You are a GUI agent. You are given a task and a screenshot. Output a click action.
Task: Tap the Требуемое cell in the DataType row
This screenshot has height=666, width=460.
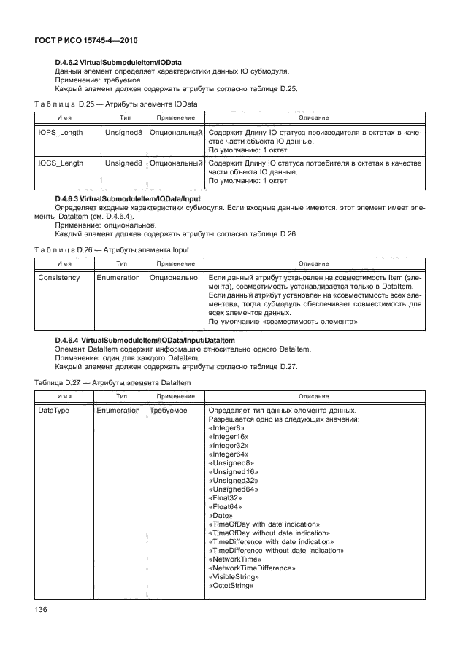(169, 411)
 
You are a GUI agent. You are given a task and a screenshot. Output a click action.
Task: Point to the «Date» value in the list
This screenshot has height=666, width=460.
(221, 515)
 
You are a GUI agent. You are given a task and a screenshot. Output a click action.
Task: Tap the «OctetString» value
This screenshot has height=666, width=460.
(231, 586)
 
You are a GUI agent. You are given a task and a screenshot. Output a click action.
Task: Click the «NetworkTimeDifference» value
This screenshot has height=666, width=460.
(251, 567)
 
